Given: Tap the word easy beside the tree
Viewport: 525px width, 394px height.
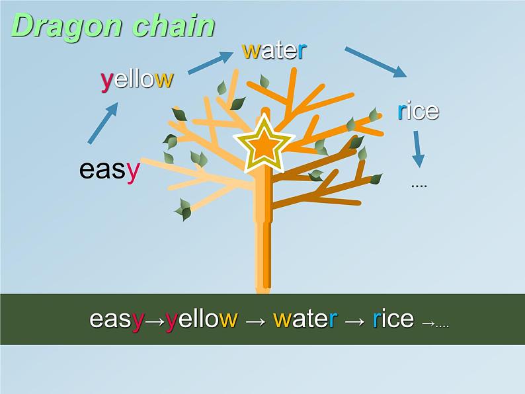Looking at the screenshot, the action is pos(110,171).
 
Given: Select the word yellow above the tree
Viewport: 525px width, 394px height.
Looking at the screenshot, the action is pos(137,80).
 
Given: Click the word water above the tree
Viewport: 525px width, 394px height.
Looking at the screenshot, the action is pos(274,50).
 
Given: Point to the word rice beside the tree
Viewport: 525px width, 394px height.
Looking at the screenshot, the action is pos(418,111).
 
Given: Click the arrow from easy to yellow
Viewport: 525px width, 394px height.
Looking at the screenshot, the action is pos(103,123).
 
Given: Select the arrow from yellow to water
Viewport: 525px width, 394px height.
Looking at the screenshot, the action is pos(211,63).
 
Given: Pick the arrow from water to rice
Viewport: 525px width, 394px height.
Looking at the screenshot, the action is pos(376,62).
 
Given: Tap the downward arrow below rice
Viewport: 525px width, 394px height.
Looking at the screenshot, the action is pos(417,149).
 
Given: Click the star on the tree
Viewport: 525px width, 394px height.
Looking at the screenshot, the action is pos(264,144).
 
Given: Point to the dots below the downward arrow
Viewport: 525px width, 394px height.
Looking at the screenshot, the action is pos(419,186).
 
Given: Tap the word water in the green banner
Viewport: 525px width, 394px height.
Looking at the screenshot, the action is pos(305,319).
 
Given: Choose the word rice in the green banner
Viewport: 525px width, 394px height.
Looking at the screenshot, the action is pos(393,319).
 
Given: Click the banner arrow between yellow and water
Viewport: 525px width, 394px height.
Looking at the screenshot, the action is pos(255,322).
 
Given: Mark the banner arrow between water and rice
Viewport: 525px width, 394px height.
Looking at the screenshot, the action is pos(354,322).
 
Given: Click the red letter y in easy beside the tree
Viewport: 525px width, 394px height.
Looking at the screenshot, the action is pos(134,173).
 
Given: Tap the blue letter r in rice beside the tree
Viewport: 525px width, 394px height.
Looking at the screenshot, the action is pos(401,112).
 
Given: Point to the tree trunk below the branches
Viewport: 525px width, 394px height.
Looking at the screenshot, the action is pos(263,255).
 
